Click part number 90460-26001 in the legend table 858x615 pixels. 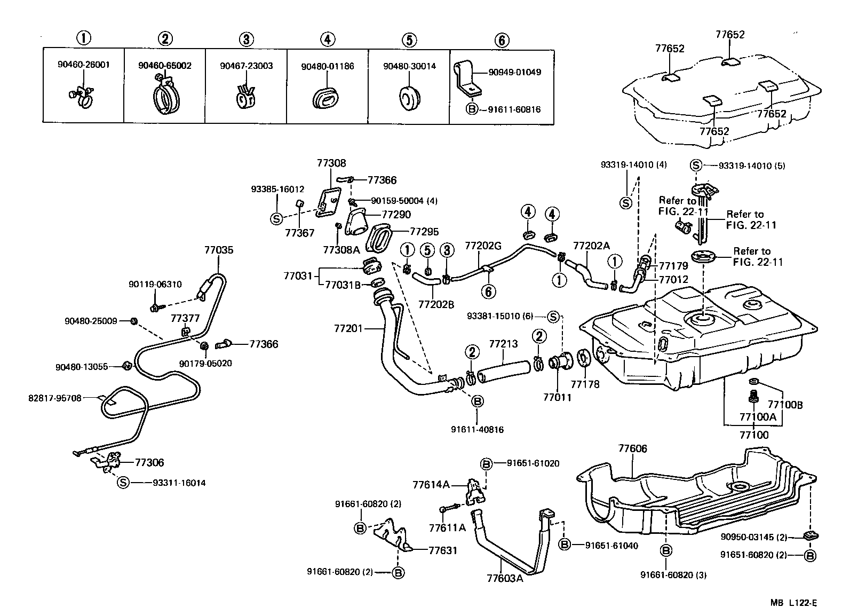tap(83, 66)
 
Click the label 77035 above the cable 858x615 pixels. tap(219, 250)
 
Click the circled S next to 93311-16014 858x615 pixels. tap(123, 483)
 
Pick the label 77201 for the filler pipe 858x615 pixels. tap(348, 328)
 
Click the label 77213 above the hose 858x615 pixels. tap(503, 344)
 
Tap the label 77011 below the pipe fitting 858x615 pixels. tap(557, 397)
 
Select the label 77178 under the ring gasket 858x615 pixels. tap(585, 384)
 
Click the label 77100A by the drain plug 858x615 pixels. tap(757, 416)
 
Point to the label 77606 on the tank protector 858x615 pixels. tap(632, 448)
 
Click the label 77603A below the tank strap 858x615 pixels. tap(505, 578)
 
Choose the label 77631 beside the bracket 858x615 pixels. tap(443, 550)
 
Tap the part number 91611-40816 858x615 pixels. tap(477, 429)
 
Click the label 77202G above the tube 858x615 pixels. tap(483, 246)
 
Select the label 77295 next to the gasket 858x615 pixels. tap(424, 232)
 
